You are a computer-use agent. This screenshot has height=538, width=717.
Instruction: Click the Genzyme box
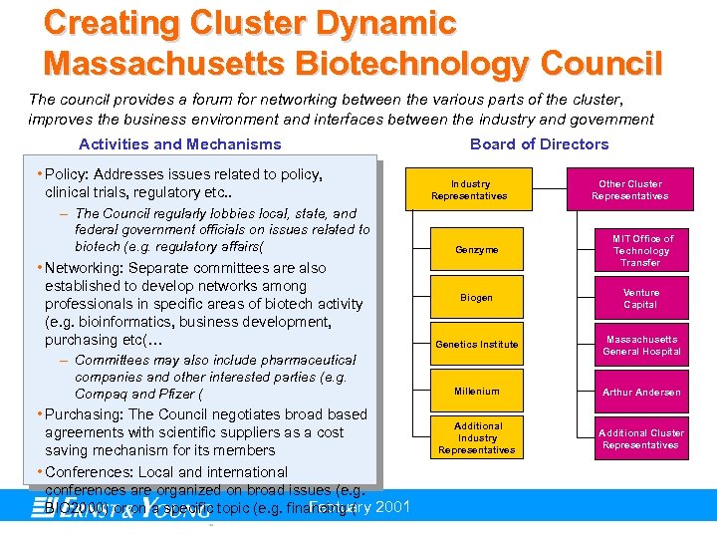pos(476,250)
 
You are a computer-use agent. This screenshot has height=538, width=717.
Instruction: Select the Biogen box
pos(476,298)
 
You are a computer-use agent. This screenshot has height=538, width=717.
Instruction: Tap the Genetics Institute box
pos(476,345)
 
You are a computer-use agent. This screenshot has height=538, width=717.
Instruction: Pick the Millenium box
pos(476,392)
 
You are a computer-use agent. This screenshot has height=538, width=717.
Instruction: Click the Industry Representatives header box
pos(470,190)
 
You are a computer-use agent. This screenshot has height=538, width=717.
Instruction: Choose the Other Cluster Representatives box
pos(629,190)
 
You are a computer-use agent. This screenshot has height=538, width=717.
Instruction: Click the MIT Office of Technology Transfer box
pos(641,251)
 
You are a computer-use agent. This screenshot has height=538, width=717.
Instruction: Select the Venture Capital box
pos(641,299)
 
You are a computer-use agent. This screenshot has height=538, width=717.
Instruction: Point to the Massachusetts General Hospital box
pos(641,346)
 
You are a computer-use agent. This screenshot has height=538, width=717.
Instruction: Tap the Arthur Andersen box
pos(641,393)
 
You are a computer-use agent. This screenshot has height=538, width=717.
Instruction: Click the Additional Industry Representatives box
pos(477,438)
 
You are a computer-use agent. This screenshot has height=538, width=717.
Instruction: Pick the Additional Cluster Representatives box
pos(641,439)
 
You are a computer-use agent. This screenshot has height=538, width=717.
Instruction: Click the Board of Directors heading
pos(539,144)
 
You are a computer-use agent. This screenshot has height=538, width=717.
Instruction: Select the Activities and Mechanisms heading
pos(180,144)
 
